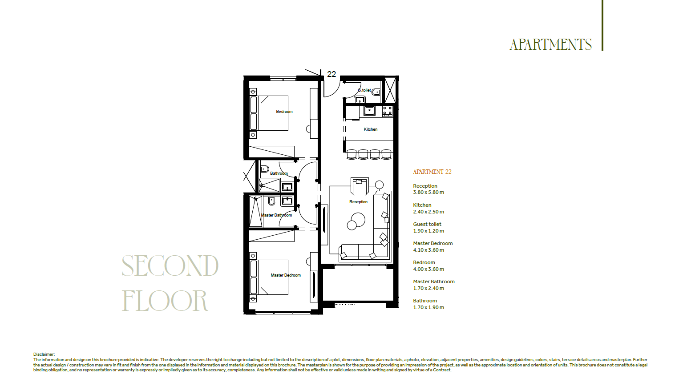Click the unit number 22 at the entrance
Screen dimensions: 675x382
(331, 74)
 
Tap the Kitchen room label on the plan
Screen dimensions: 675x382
(370, 129)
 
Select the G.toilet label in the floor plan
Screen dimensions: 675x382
(364, 90)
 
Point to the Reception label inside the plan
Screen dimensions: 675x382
(358, 202)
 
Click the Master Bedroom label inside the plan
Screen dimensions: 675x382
(286, 275)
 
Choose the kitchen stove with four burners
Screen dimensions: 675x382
(387, 111)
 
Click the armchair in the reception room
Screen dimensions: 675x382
(360, 186)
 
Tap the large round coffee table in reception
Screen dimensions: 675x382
(358, 220)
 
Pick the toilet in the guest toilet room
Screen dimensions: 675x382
(376, 92)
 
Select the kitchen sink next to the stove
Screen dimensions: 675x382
(369, 111)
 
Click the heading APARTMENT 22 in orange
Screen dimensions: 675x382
(432, 172)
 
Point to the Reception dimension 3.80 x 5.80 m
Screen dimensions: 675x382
(428, 192)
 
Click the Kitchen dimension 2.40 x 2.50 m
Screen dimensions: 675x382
(428, 212)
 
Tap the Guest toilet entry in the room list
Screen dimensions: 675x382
(427, 224)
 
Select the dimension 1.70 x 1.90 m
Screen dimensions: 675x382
(428, 308)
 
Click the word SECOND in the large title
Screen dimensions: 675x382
(170, 266)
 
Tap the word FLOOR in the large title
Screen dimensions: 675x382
(165, 300)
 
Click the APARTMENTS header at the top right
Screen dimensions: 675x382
(550, 44)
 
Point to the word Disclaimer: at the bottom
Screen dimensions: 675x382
(44, 354)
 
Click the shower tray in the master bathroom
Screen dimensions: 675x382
(255, 211)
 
